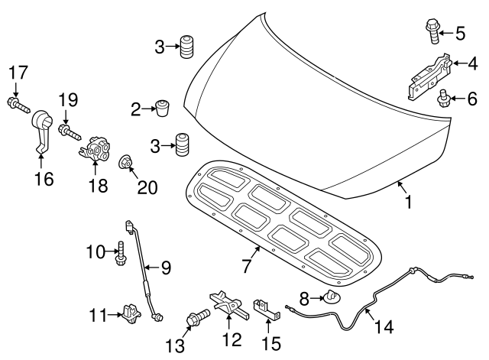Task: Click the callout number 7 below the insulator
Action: point(246,266)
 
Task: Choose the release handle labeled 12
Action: point(226,306)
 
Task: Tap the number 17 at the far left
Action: point(18,72)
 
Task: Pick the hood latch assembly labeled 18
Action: point(96,146)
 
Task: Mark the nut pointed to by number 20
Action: point(125,162)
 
